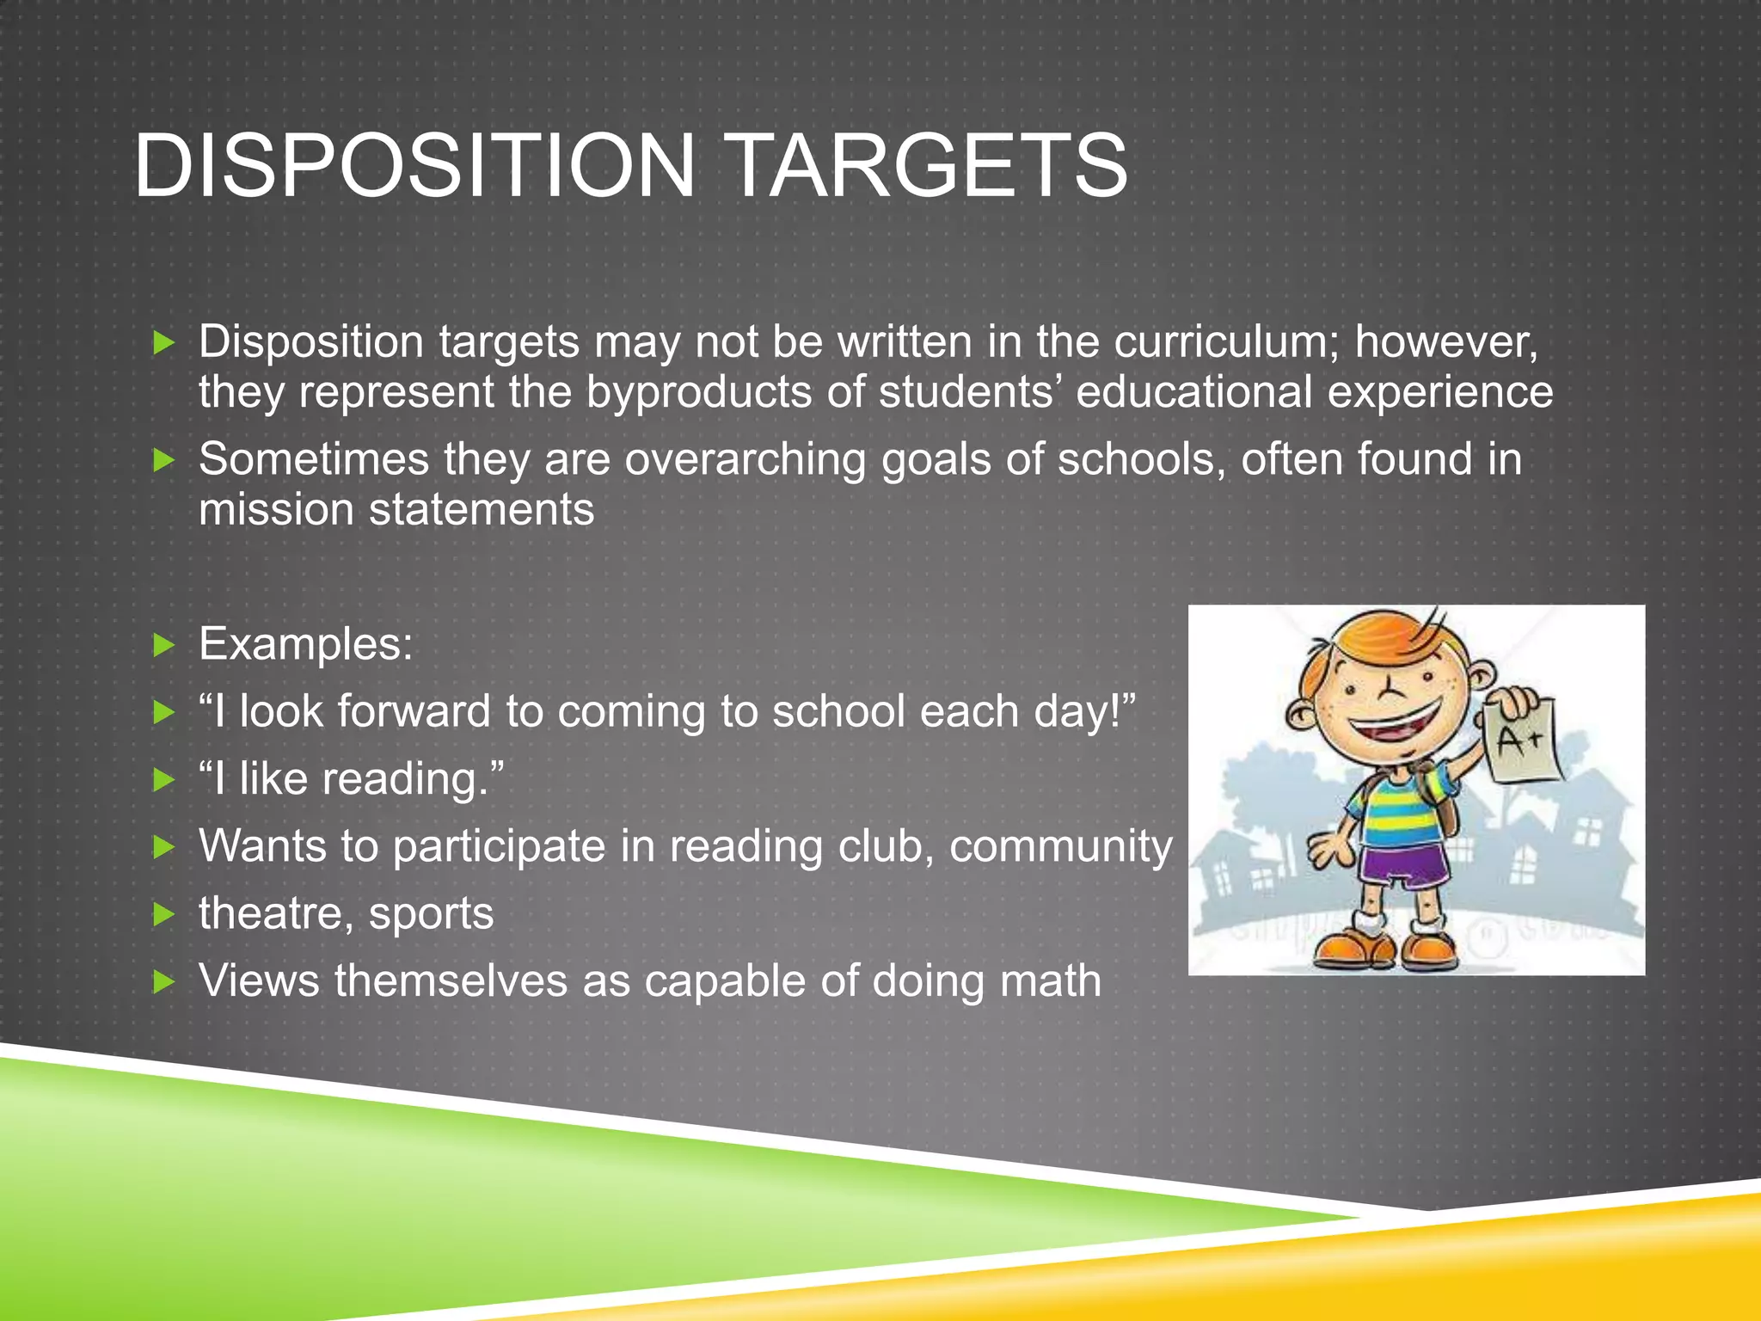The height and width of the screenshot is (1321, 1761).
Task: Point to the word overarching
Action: pos(745,459)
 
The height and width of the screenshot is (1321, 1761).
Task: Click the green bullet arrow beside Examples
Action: pos(163,645)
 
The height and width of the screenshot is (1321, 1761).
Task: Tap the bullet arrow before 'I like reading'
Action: pos(163,780)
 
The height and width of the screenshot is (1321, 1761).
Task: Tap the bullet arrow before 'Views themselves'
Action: pos(163,981)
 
